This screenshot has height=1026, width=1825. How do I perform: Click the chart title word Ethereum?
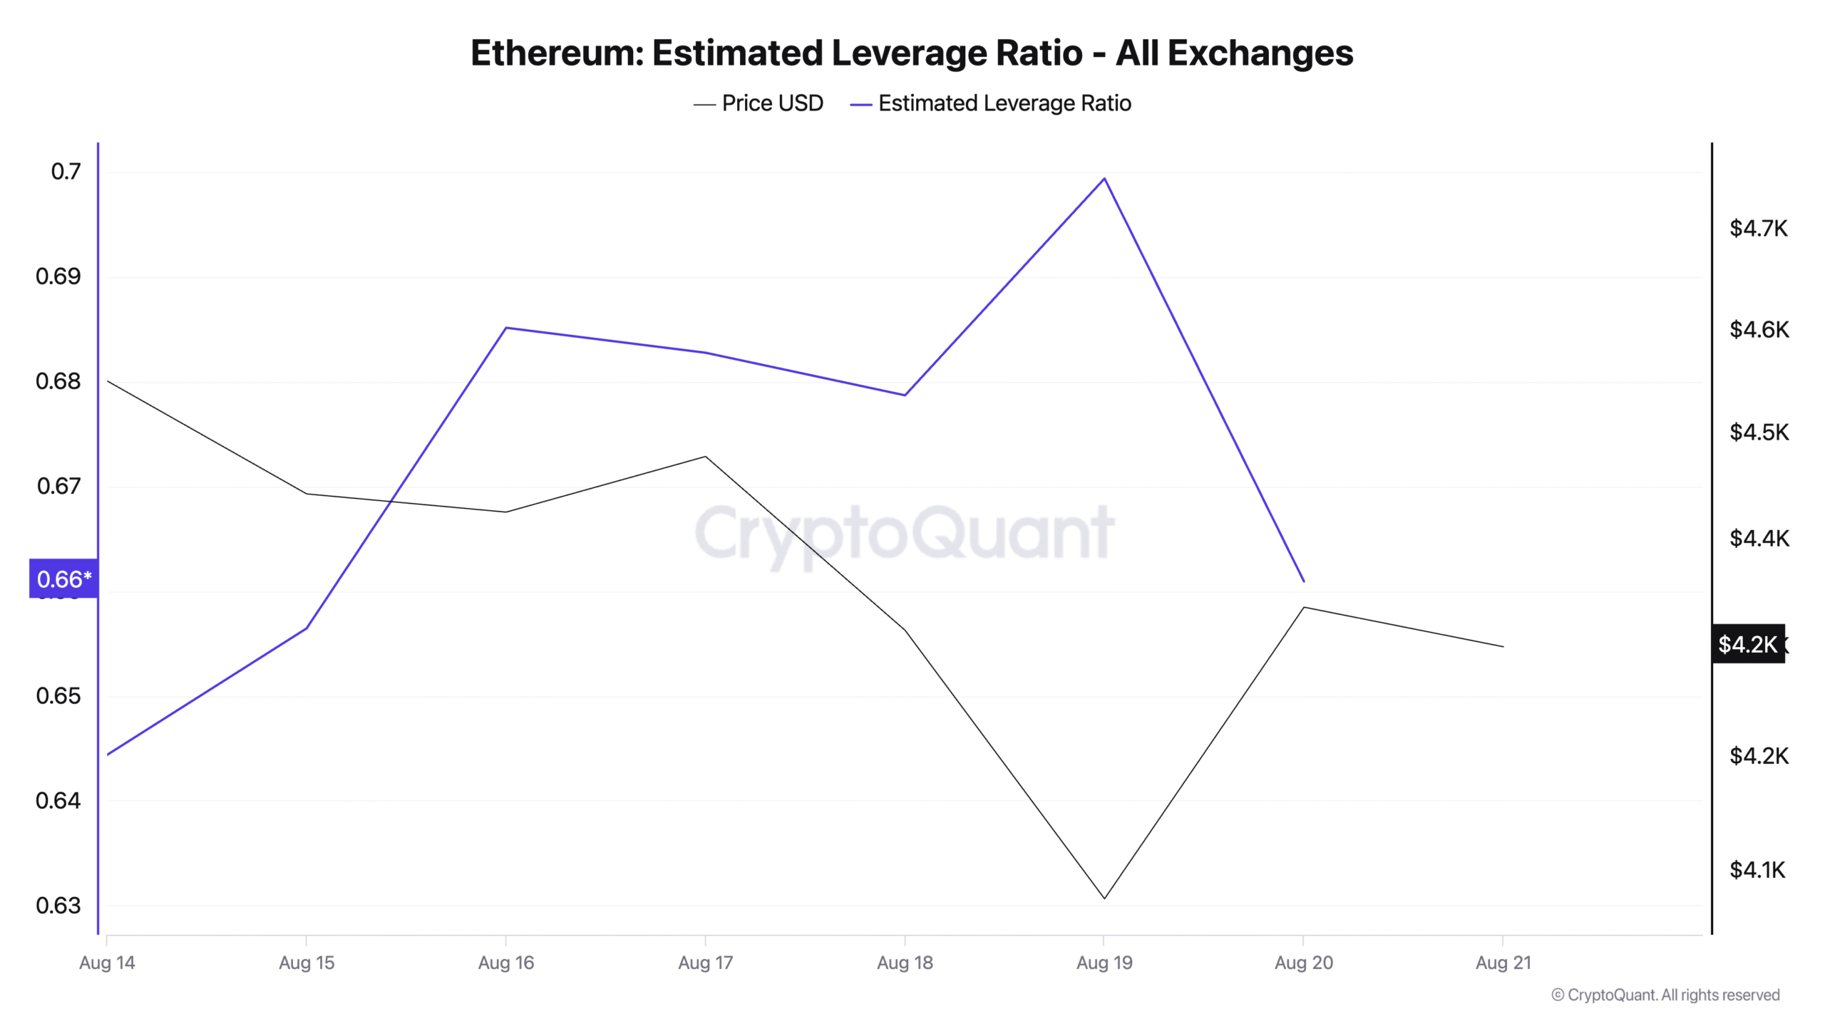[x=557, y=53]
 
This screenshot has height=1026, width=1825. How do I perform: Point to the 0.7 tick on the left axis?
[x=66, y=172]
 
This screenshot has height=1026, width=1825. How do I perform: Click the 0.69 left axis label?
[x=58, y=276]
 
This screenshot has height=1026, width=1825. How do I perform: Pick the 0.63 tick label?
[x=58, y=906]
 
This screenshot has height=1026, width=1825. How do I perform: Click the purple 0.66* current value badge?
[x=63, y=579]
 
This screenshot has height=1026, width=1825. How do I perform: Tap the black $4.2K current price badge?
[x=1747, y=644]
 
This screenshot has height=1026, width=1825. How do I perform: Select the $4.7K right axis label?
[x=1759, y=229]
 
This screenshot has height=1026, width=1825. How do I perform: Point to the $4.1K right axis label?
[x=1757, y=870]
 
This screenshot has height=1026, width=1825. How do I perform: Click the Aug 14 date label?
[x=107, y=963]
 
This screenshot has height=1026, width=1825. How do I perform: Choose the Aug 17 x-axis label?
[x=705, y=963]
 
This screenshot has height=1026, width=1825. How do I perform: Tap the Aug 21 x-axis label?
[x=1503, y=963]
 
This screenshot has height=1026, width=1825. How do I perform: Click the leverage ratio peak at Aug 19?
[x=1104, y=178]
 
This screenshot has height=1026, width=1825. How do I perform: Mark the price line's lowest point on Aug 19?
[x=1104, y=898]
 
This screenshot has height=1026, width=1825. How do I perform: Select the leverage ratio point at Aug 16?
[x=506, y=328]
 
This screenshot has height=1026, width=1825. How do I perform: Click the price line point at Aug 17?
[x=705, y=457]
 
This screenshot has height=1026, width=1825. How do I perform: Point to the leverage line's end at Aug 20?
[x=1304, y=581]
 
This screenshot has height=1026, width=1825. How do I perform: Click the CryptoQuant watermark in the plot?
[x=904, y=533]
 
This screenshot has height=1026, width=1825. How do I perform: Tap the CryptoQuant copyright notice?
[x=1665, y=995]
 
